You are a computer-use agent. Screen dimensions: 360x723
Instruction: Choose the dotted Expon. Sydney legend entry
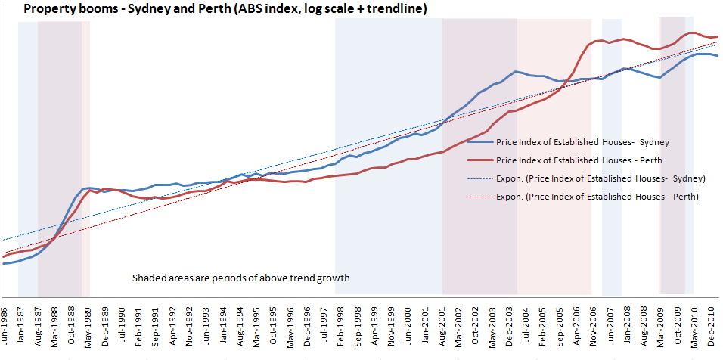click(x=598, y=178)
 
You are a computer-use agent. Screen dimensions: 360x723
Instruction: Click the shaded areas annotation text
click(x=240, y=278)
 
